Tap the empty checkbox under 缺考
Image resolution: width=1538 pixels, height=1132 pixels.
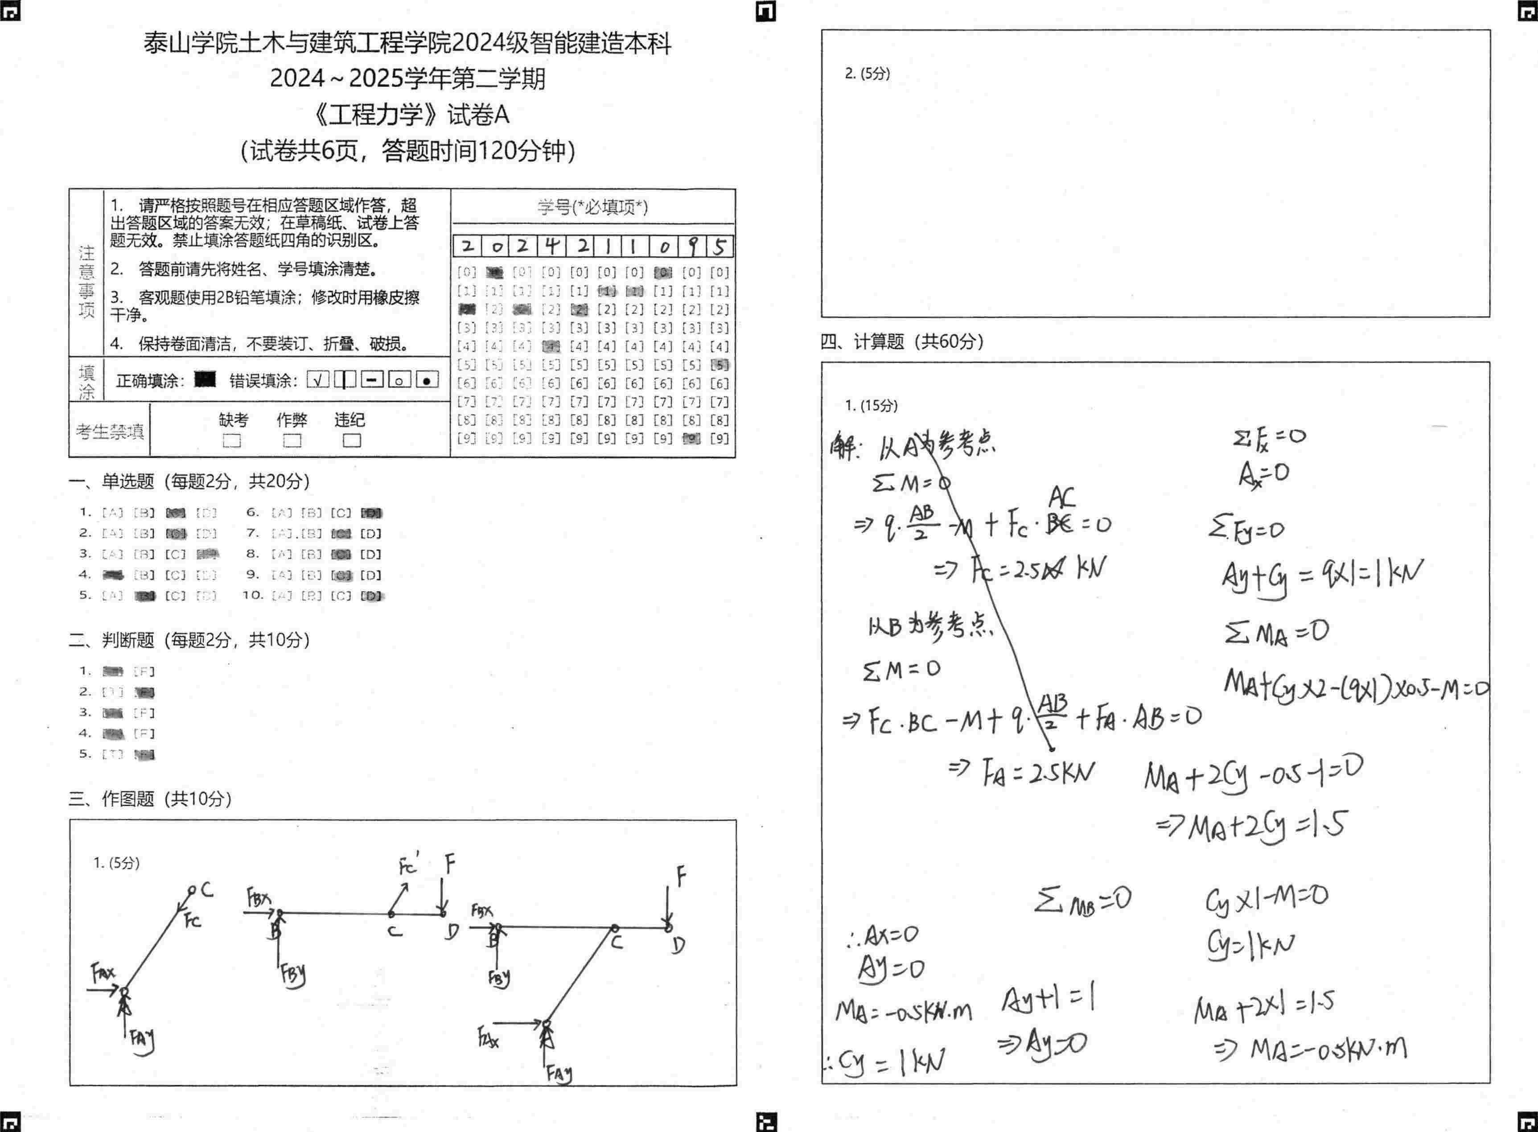(x=232, y=440)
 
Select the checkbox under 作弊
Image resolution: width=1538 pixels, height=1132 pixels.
(x=292, y=440)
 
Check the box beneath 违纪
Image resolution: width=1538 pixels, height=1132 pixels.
(x=351, y=440)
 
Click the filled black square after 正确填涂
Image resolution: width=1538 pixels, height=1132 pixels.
(x=205, y=379)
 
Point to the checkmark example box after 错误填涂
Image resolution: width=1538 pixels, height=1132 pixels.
(x=317, y=379)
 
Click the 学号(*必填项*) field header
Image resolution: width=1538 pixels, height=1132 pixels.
(x=592, y=207)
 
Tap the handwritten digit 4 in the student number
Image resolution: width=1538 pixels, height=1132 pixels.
(x=551, y=245)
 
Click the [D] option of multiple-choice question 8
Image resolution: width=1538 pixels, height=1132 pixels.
(x=370, y=554)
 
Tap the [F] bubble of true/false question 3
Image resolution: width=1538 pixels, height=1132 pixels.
(x=144, y=712)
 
